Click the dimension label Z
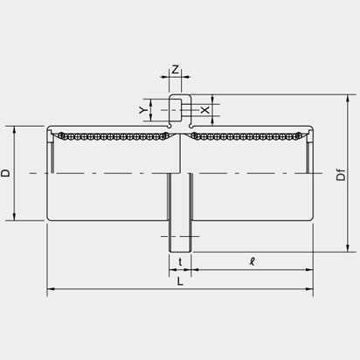[x=176, y=68]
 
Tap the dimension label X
[x=204, y=110]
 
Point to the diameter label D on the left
[x=6, y=173]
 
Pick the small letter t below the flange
[x=178, y=261]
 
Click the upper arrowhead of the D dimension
[x=17, y=128]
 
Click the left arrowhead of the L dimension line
[x=50, y=289]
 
